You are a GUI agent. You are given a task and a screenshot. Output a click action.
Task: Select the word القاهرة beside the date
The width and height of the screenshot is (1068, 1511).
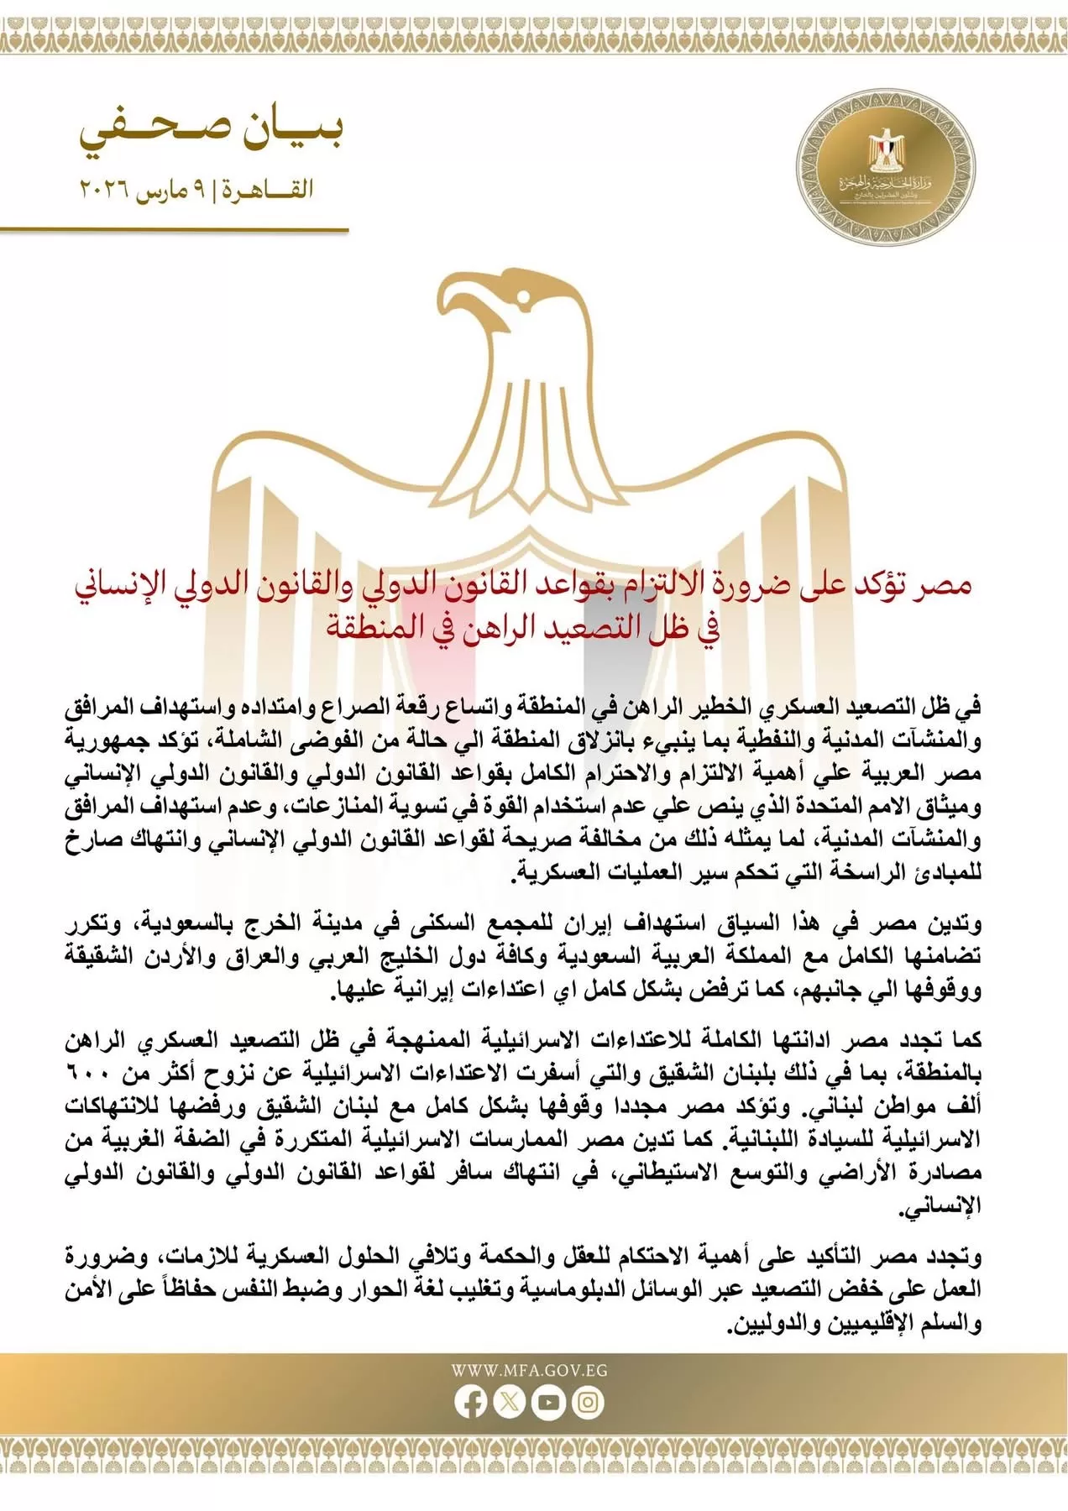(x=267, y=189)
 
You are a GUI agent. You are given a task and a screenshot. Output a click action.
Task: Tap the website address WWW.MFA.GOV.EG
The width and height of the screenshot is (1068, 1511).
(x=529, y=1371)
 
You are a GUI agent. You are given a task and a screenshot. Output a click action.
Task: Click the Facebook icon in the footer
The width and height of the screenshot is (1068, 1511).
(x=470, y=1402)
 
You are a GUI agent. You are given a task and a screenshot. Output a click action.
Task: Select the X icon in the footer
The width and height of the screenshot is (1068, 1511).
(x=510, y=1402)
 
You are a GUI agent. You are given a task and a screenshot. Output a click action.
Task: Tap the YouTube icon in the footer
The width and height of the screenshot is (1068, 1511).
(x=549, y=1402)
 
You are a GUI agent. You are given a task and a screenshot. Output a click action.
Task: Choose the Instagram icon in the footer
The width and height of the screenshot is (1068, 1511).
(x=589, y=1402)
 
